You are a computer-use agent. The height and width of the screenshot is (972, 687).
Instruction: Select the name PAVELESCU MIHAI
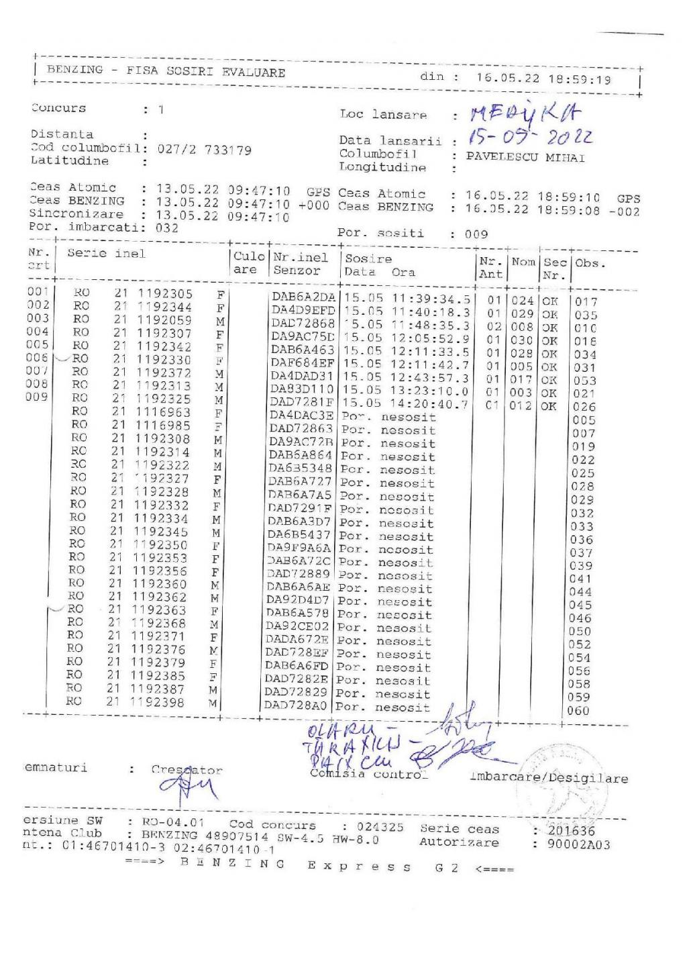pyautogui.click(x=525, y=158)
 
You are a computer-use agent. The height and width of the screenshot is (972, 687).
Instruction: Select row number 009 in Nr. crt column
pyautogui.click(x=38, y=397)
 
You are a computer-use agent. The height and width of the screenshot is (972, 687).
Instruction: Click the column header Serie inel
pyautogui.click(x=106, y=253)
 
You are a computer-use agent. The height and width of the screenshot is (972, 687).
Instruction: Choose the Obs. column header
pyautogui.click(x=590, y=262)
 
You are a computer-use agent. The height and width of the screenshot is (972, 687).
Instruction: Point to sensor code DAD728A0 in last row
pyautogui.click(x=296, y=706)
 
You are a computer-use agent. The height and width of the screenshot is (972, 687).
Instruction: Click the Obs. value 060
pyautogui.click(x=578, y=710)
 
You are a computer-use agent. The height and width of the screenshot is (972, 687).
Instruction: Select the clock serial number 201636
pyautogui.click(x=572, y=830)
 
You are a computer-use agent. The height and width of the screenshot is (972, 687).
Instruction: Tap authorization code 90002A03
pyautogui.click(x=579, y=844)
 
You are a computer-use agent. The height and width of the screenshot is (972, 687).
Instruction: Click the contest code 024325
pyautogui.click(x=380, y=827)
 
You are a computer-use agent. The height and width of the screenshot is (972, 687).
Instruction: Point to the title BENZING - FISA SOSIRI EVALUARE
pyautogui.click(x=166, y=71)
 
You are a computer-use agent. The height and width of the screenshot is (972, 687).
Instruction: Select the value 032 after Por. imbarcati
pyautogui.click(x=167, y=228)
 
